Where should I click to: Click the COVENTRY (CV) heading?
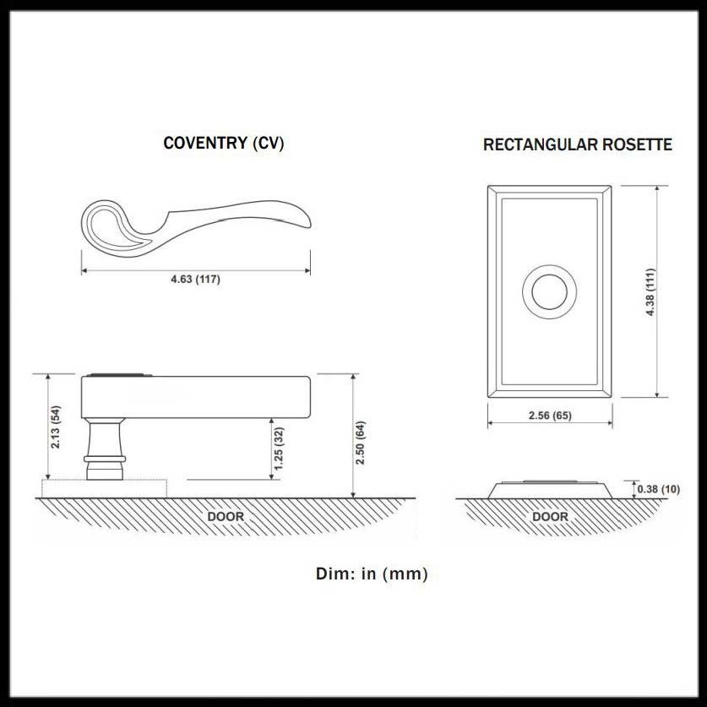pos(224,143)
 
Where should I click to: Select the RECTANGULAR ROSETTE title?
pos(578,144)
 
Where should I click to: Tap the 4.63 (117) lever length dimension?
pos(196,279)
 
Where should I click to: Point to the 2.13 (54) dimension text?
pos(56,427)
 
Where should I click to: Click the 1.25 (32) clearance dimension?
pos(279,449)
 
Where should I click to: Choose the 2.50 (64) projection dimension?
pos(360,443)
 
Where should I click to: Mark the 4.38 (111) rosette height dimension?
pos(650,291)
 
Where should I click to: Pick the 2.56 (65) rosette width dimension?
pos(550,416)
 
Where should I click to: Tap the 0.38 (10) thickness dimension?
pos(658,489)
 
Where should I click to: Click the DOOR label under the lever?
pos(226,516)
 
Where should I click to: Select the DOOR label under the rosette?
pos(550,516)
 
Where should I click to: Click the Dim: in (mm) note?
pos(372,574)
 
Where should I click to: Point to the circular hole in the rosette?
pos(549,291)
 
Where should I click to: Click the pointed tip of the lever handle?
pos(308,222)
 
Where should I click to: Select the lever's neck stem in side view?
pos(105,438)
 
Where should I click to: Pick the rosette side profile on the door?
pos(550,490)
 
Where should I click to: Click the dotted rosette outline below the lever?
pos(104,489)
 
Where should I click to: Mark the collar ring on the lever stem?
pos(105,459)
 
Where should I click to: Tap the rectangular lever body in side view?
pos(196,397)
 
